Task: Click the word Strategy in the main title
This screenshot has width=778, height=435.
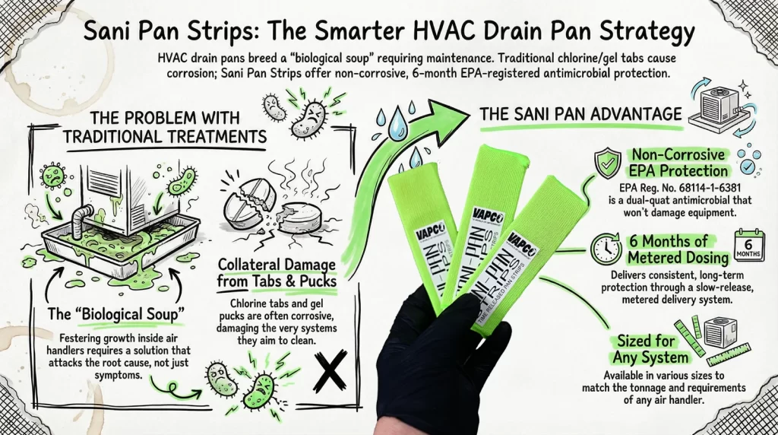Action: click(649, 33)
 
